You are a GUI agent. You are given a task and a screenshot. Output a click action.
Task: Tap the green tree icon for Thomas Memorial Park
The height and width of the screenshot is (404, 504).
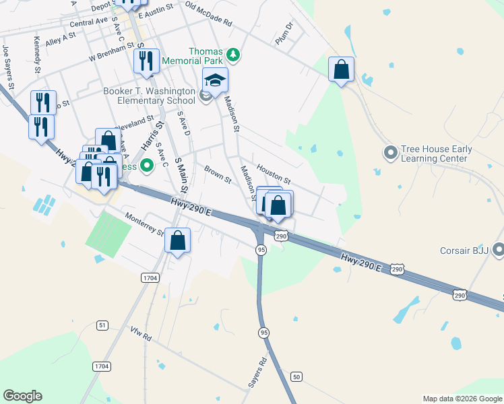click(232, 53)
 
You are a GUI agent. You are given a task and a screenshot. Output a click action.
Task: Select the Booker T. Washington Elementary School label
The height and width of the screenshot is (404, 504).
click(149, 96)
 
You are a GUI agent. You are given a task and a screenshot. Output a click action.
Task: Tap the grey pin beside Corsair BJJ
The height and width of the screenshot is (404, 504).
click(499, 250)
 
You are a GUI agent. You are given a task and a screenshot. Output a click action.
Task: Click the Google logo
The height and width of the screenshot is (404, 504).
click(22, 396)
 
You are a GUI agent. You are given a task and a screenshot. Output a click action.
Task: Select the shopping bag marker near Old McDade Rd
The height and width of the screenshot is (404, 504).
click(342, 69)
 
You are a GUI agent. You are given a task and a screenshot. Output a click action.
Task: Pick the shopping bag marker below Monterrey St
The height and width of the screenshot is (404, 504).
click(178, 241)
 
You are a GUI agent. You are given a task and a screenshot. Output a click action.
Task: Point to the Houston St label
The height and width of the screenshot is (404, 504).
click(273, 176)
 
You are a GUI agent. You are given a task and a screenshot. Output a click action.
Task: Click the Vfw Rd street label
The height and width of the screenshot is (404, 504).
click(141, 333)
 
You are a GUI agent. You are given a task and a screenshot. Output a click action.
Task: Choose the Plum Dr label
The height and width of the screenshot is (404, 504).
click(285, 34)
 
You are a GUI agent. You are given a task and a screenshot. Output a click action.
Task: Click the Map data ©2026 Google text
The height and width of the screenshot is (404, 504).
click(462, 399)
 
